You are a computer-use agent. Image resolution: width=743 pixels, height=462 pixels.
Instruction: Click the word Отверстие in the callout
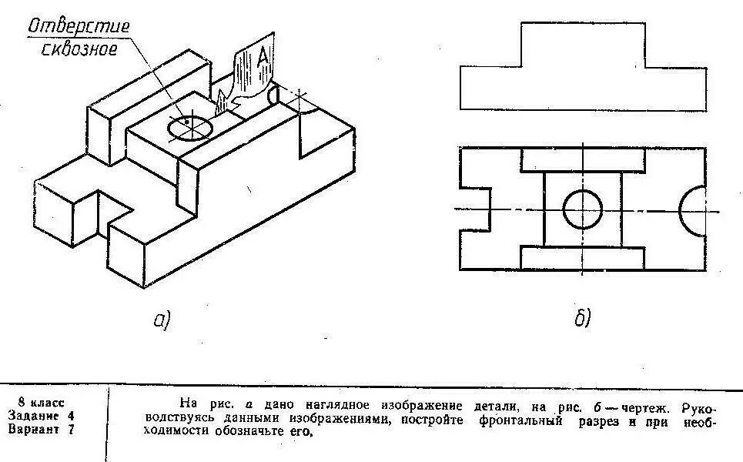pos(79,26)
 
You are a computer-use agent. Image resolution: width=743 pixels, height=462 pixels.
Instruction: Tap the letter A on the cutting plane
pos(263,55)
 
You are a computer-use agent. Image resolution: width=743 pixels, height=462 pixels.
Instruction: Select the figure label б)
pos(583,318)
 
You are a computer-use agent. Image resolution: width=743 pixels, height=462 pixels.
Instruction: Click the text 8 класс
pos(42,403)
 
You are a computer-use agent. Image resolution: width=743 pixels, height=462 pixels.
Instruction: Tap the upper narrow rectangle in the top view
pos(583,160)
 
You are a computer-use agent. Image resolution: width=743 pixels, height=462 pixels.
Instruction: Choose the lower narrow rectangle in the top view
pos(583,258)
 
